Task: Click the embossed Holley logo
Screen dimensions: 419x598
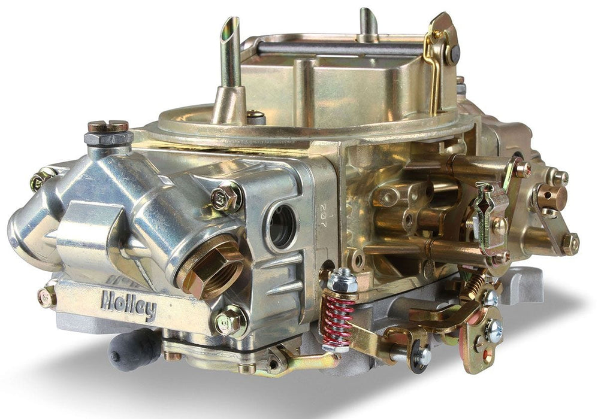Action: (129, 305)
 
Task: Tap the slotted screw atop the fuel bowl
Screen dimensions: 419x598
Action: (107, 126)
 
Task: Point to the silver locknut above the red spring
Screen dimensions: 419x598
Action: (343, 280)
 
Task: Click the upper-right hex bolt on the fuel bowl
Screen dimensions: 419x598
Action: (226, 197)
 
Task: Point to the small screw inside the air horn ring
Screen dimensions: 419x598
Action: (256, 115)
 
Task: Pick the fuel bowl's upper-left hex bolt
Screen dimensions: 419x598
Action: (41, 180)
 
